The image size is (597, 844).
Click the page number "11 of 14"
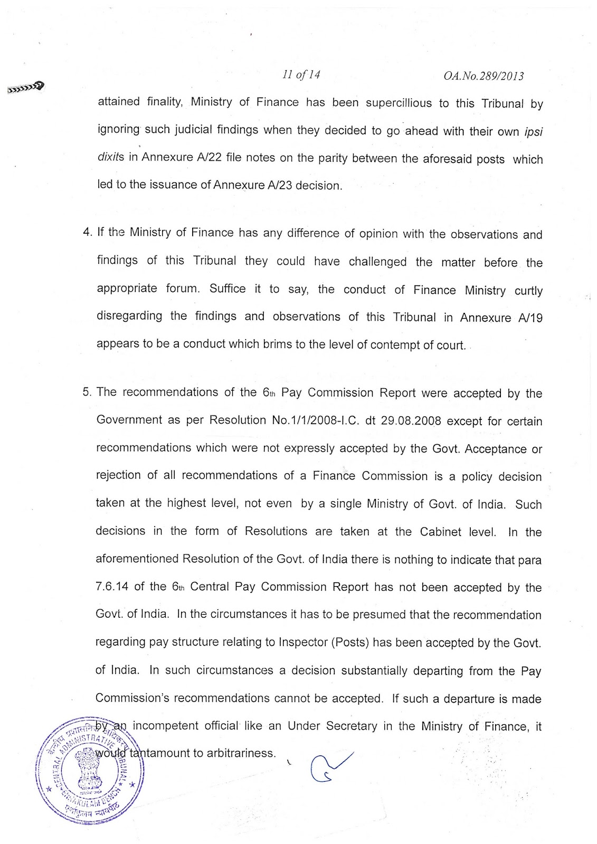coord(301,75)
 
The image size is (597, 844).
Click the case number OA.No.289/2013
coord(484,76)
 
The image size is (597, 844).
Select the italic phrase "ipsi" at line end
coord(534,131)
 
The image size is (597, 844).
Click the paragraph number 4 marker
coord(87,234)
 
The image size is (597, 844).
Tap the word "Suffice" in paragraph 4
coord(228,289)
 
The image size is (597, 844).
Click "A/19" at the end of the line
coord(529,318)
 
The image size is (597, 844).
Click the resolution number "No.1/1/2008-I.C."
coord(305,420)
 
